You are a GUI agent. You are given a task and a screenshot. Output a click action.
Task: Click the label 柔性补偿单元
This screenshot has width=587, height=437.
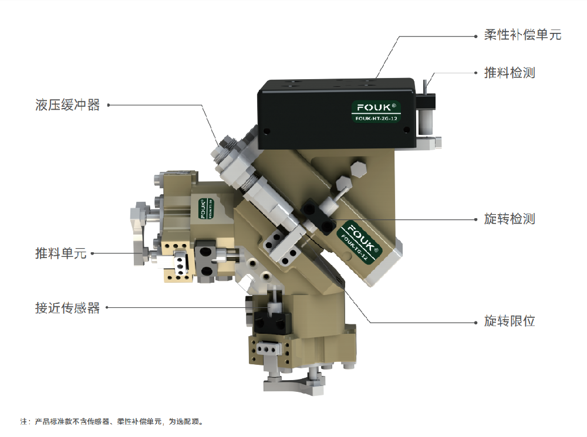click(x=522, y=35)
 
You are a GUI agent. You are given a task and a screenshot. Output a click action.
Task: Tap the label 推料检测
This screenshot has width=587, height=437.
click(x=510, y=73)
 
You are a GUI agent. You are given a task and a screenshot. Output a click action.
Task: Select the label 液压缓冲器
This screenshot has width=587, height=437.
click(x=68, y=105)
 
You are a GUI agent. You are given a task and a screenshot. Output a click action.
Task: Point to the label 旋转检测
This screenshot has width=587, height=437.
click(x=510, y=219)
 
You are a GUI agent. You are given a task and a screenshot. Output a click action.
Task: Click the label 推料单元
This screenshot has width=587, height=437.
click(x=61, y=253)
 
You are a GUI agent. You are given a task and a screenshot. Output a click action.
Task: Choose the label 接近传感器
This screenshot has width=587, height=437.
click(x=68, y=308)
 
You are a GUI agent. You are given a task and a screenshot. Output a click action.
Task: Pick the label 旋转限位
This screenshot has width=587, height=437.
click(x=510, y=321)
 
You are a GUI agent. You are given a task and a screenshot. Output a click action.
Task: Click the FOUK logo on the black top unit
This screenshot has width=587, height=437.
click(x=376, y=107)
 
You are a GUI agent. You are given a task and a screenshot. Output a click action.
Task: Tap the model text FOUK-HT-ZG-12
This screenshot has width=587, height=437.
click(x=376, y=118)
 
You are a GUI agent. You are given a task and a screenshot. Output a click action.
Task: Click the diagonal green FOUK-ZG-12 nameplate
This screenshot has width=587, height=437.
click(x=359, y=242)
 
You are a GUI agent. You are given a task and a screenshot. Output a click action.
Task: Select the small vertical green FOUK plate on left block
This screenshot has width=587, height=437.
click(x=205, y=208)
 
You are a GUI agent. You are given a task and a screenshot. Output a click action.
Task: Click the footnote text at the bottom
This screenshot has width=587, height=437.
click(x=112, y=422)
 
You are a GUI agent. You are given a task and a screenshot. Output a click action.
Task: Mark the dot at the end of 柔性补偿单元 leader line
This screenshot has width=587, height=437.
click(x=476, y=36)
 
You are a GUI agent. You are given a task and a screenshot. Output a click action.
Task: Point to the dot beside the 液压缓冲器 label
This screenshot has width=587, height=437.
click(x=109, y=105)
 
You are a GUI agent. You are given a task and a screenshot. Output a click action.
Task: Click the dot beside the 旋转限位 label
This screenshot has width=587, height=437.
click(x=476, y=322)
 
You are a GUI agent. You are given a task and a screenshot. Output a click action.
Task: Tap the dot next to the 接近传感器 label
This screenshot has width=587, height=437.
click(x=107, y=307)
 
